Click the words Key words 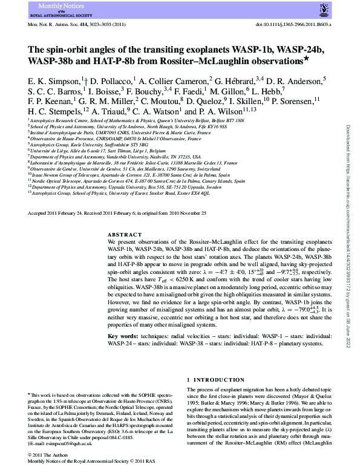point(124,336)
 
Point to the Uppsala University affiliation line point(125,188)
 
